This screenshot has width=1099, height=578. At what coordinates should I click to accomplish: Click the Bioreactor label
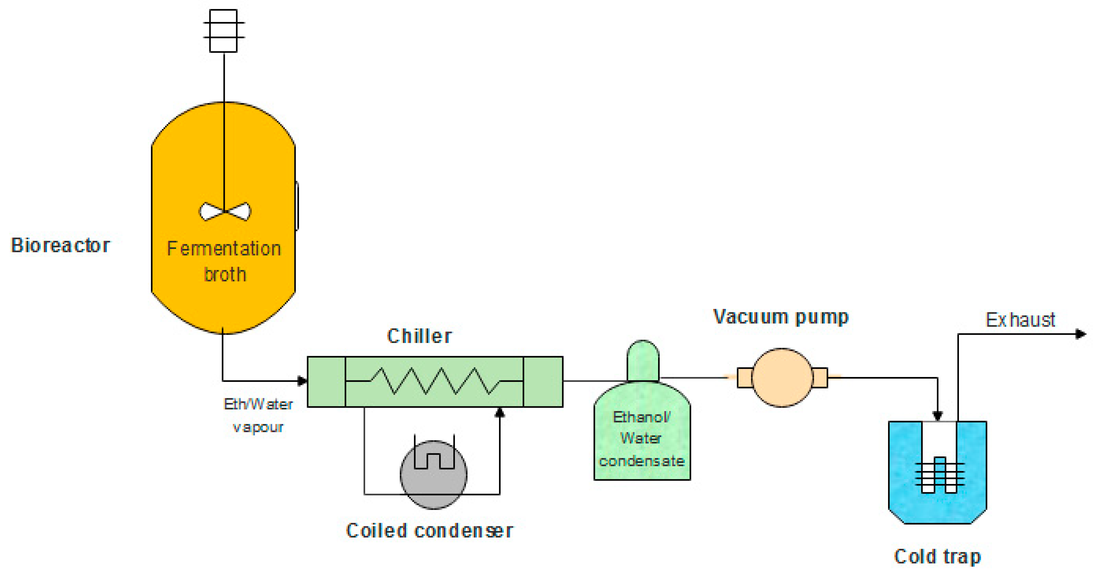(x=60, y=246)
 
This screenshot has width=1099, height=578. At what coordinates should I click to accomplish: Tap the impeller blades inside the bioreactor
(x=225, y=212)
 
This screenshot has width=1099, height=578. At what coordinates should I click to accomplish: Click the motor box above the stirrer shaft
(x=223, y=31)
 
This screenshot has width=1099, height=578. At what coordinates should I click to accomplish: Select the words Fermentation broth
(x=224, y=261)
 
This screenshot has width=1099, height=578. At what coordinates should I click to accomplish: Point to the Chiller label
(x=419, y=336)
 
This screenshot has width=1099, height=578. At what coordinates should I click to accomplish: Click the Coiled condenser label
(x=429, y=531)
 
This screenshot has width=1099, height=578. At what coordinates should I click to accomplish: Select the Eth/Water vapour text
(x=258, y=415)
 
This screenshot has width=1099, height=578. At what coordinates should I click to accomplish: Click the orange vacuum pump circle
(x=782, y=378)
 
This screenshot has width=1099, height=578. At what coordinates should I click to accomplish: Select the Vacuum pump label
(x=781, y=317)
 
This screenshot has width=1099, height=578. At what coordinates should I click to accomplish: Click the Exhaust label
(x=1020, y=320)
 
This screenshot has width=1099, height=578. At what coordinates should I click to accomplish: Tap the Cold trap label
(x=937, y=557)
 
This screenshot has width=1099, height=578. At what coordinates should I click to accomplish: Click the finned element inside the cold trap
(x=939, y=476)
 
